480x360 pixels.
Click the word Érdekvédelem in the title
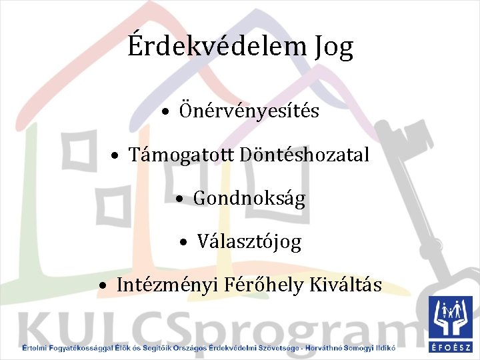pos(212,47)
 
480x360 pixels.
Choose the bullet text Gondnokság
pos(249,198)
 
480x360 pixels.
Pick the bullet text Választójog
pos(249,241)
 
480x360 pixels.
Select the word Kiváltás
pos(345,285)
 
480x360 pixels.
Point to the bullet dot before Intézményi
pos(103,286)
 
